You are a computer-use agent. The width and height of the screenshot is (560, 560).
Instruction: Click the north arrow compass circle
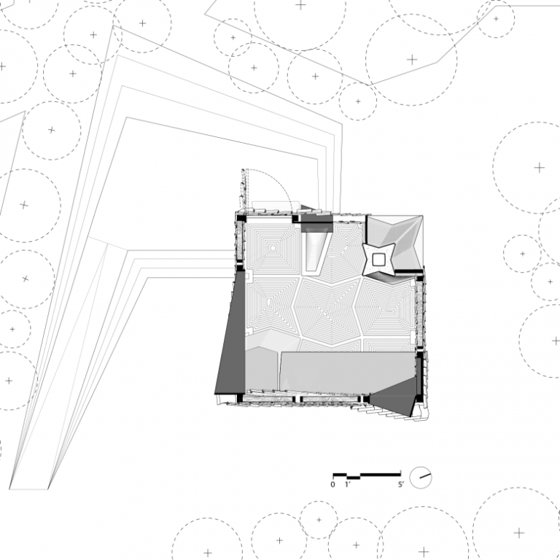tap(421, 478)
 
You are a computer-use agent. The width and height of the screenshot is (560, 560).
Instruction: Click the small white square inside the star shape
tap(379, 259)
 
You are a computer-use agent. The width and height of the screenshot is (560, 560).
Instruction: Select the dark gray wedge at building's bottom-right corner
tap(394, 402)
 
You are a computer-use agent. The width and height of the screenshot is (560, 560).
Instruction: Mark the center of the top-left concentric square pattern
tap(274, 249)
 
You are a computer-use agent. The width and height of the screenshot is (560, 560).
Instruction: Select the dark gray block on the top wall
tap(314, 217)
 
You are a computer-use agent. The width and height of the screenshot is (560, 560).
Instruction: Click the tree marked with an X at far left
tap(25, 279)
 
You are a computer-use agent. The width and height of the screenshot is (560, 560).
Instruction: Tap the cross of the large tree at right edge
tap(539, 168)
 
